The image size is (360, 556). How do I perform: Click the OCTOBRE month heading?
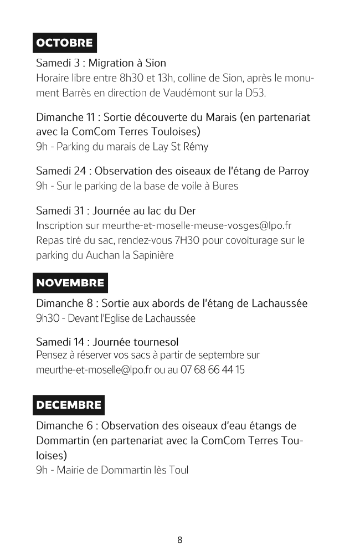point(64,43)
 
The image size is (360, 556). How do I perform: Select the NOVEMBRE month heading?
point(70,283)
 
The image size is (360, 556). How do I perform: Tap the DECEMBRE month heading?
point(69,405)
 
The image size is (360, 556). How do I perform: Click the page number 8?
point(180,540)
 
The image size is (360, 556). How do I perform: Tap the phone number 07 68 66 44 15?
point(212,369)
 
